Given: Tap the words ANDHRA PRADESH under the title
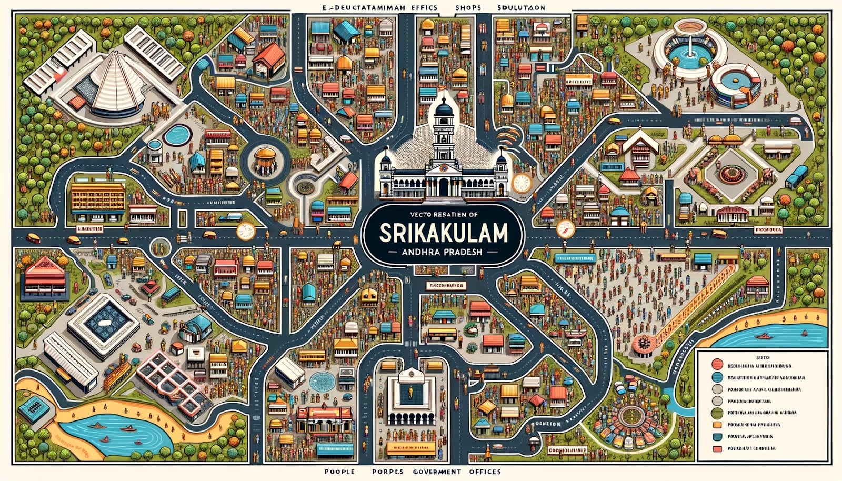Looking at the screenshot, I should pyautogui.click(x=442, y=252).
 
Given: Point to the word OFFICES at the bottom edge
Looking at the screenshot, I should pyautogui.click(x=482, y=472).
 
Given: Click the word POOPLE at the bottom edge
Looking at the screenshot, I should pyautogui.click(x=339, y=472).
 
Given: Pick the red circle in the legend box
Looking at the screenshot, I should pyautogui.click(x=716, y=363).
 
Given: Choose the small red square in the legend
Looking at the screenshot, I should pyautogui.click(x=716, y=449).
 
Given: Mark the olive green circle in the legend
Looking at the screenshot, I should pyautogui.click(x=716, y=413).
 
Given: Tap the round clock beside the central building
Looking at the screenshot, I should pyautogui.click(x=521, y=182).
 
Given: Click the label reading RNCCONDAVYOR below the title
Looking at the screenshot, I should pyautogui.click(x=445, y=285).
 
